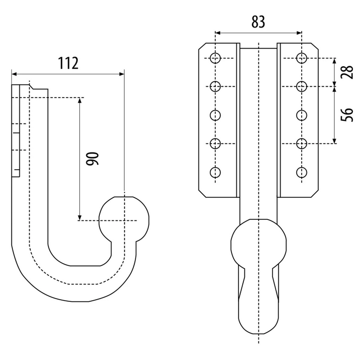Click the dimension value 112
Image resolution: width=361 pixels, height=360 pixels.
tap(69, 63)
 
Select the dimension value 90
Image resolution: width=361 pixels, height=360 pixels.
tap(92, 159)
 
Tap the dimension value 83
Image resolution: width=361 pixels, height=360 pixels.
tap(258, 22)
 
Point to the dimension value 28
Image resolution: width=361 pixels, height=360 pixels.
tap(348, 71)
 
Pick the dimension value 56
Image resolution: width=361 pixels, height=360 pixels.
tap(348, 114)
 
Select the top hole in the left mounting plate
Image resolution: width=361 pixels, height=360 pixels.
tap(216, 58)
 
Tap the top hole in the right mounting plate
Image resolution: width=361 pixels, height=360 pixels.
tap(302, 58)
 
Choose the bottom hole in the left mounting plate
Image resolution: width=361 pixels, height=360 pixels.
tap(216, 172)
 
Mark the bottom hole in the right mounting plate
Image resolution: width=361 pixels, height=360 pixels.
tap(302, 172)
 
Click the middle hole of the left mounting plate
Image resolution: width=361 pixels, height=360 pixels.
tap(216, 115)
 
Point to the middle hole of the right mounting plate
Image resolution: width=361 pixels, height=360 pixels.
tap(302, 115)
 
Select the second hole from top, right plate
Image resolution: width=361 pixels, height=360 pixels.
tap(302, 86)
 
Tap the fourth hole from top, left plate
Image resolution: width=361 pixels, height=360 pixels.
tap(216, 143)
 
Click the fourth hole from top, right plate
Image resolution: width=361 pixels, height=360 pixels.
tap(302, 143)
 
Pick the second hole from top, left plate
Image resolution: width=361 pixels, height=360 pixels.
tap(216, 86)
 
